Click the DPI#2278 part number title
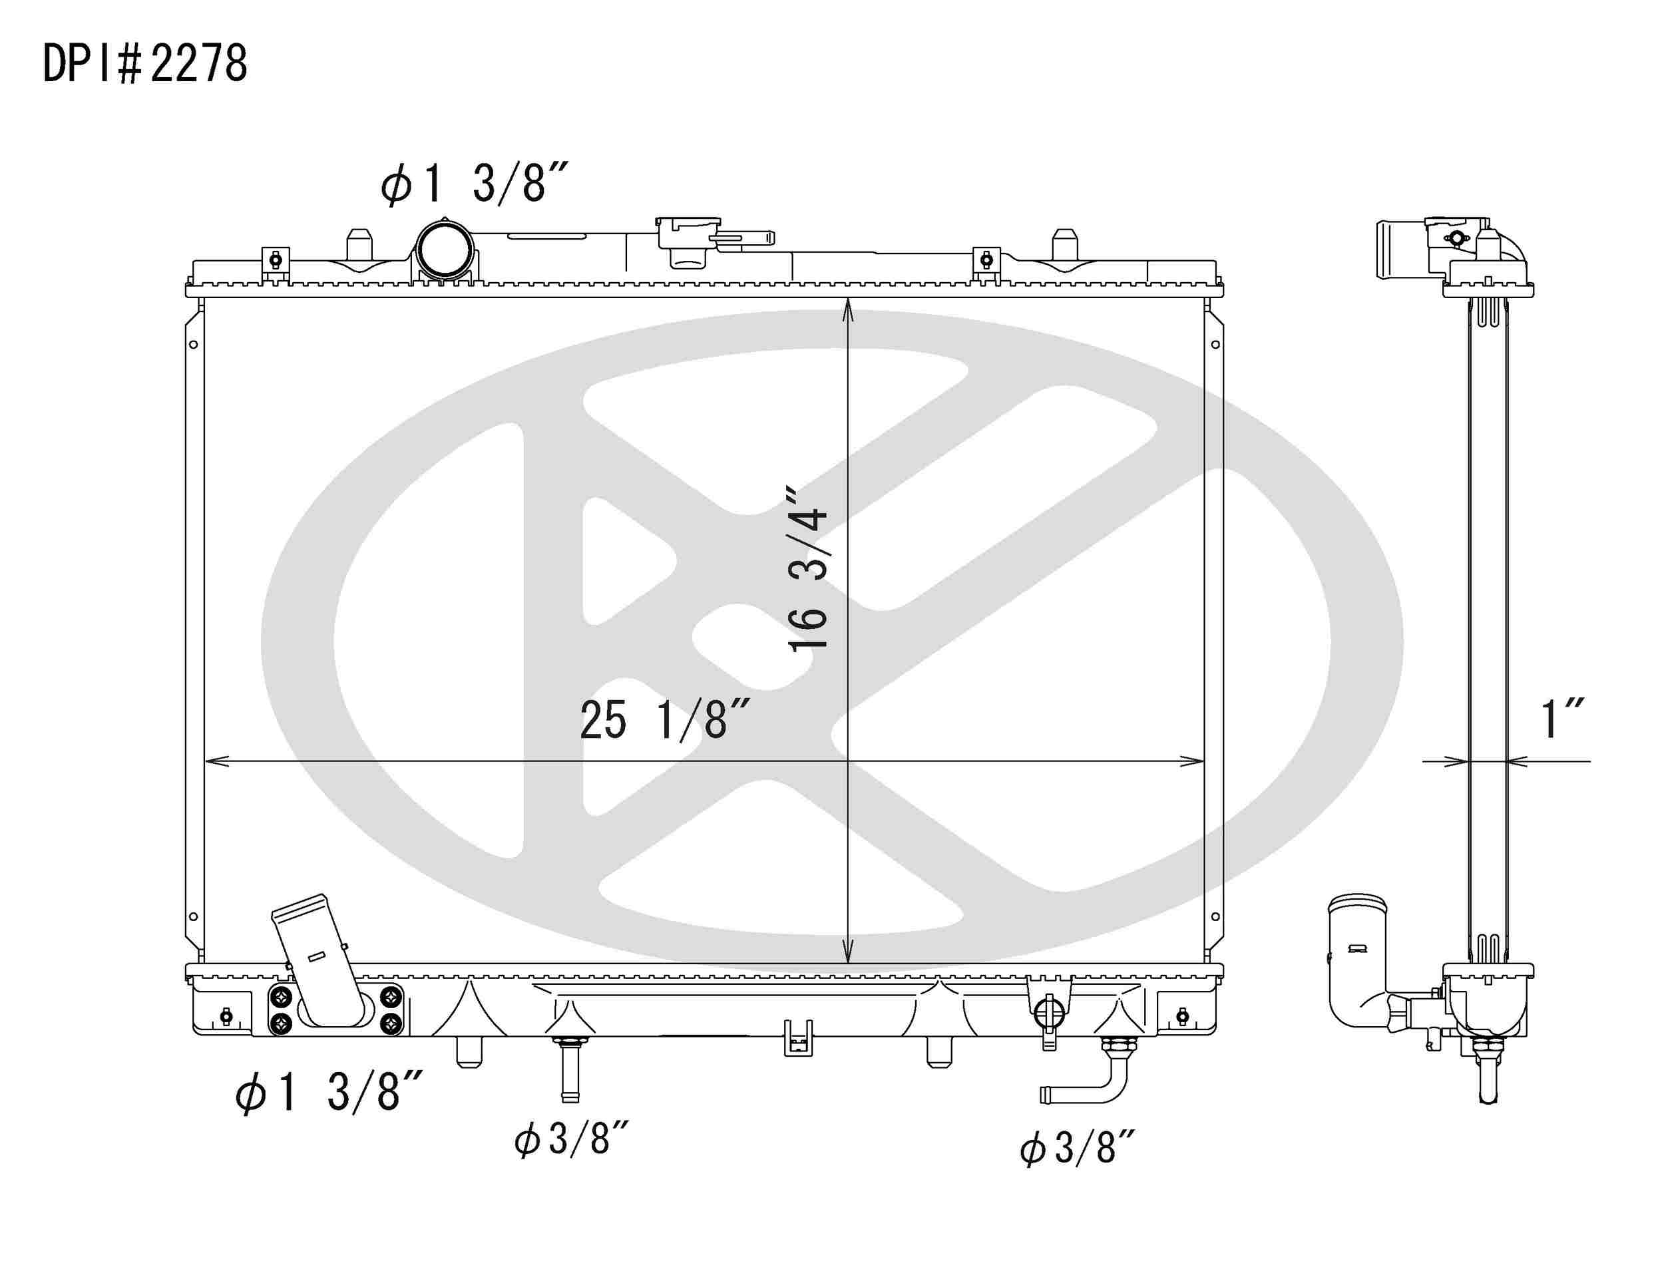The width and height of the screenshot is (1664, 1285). coord(144,64)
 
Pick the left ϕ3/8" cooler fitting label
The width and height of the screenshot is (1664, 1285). coord(572,1139)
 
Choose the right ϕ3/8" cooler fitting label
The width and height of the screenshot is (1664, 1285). coord(1078,1147)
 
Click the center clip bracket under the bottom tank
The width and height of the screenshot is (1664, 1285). coord(797,1039)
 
